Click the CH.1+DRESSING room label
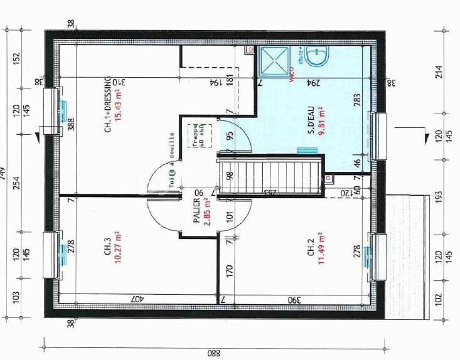107,105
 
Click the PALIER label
196,213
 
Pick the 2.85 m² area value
206,213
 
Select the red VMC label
291,79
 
